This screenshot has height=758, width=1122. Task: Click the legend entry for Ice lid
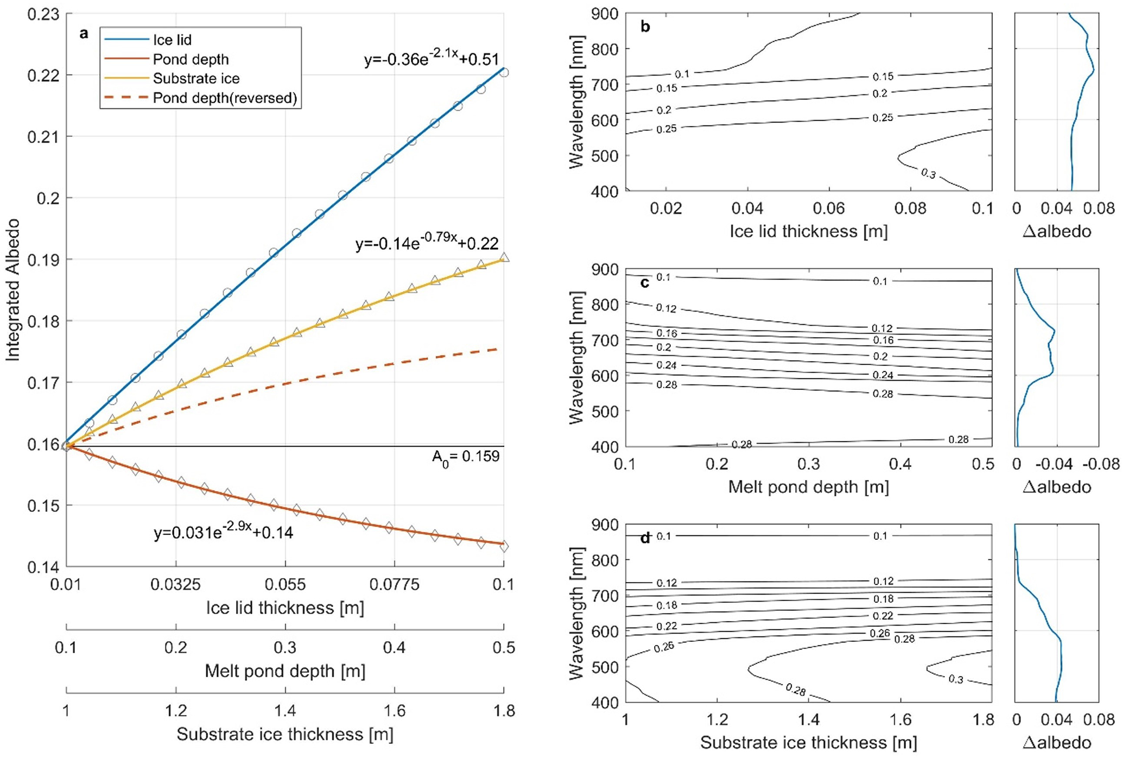click(x=172, y=40)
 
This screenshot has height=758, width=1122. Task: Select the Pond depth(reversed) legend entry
click(x=225, y=98)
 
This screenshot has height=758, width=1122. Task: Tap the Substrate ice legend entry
click(x=196, y=79)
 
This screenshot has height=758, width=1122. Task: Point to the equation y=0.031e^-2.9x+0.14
click(x=223, y=532)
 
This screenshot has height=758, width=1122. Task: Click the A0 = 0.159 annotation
click(x=465, y=457)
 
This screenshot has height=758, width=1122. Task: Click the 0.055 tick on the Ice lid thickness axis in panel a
click(x=286, y=585)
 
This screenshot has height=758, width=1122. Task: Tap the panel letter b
click(x=645, y=27)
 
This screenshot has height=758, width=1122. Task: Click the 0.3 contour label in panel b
click(x=928, y=174)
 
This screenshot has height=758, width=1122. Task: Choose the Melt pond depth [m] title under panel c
click(x=808, y=487)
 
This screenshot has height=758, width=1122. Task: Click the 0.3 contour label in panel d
click(x=955, y=679)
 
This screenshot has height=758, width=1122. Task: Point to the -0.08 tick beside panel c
click(x=1101, y=464)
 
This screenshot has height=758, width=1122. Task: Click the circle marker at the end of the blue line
click(x=504, y=72)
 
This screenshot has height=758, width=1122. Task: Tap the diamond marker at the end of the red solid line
click(x=504, y=546)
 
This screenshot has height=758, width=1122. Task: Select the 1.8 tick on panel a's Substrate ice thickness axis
click(x=504, y=711)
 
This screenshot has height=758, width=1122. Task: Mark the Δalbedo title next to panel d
click(x=1056, y=743)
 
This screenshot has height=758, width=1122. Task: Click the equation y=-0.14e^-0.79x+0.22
click(x=427, y=243)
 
